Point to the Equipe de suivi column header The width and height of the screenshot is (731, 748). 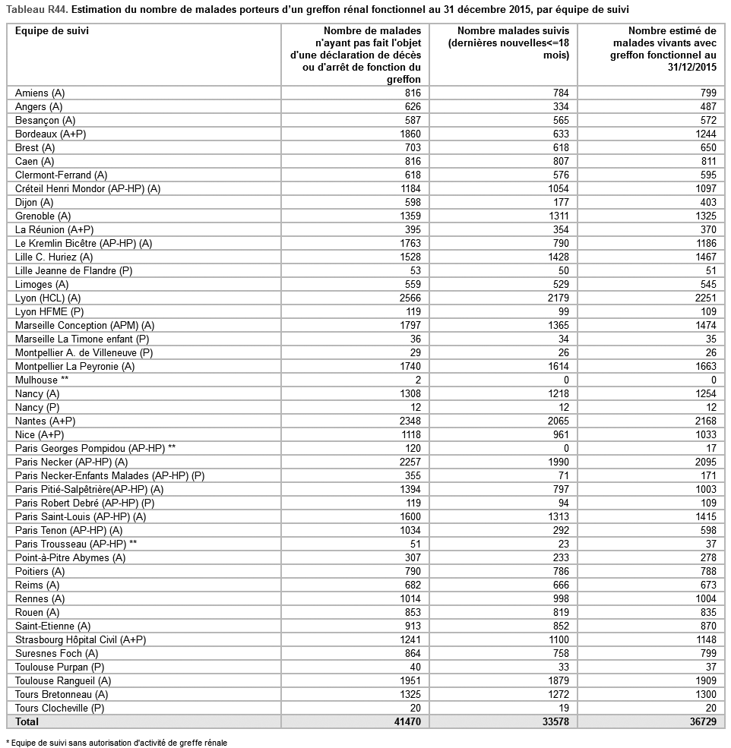(47, 31)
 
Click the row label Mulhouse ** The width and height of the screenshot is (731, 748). (42, 380)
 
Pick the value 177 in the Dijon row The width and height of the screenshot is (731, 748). (561, 202)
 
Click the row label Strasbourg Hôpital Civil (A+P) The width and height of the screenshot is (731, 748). (80, 639)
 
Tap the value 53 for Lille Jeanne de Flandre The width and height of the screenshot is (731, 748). (413, 270)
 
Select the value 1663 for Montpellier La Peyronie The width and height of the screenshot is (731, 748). (704, 366)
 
